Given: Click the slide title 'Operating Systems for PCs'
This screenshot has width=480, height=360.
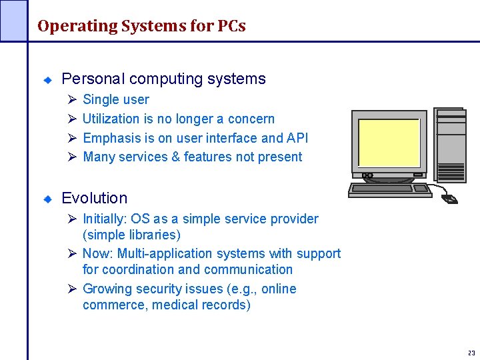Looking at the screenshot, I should pyautogui.click(x=141, y=26).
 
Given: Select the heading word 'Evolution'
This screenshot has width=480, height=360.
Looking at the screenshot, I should pyautogui.click(x=94, y=198).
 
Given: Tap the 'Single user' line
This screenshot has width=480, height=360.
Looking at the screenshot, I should pyautogui.click(x=115, y=99).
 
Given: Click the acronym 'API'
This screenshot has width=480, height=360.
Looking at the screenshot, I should pyautogui.click(x=297, y=138).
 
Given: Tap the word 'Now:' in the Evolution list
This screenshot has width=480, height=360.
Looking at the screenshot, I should pyautogui.click(x=98, y=253).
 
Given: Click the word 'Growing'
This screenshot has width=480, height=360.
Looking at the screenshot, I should pyautogui.click(x=106, y=289).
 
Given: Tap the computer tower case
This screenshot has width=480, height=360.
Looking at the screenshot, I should pyautogui.click(x=449, y=144).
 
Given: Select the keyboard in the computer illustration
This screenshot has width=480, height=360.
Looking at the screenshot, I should pyautogui.click(x=390, y=190).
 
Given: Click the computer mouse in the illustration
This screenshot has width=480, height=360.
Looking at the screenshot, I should pyautogui.click(x=450, y=199).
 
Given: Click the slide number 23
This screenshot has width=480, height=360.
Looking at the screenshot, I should pyautogui.click(x=471, y=353).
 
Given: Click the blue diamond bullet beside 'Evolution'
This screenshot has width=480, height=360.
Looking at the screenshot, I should pyautogui.click(x=48, y=199).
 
